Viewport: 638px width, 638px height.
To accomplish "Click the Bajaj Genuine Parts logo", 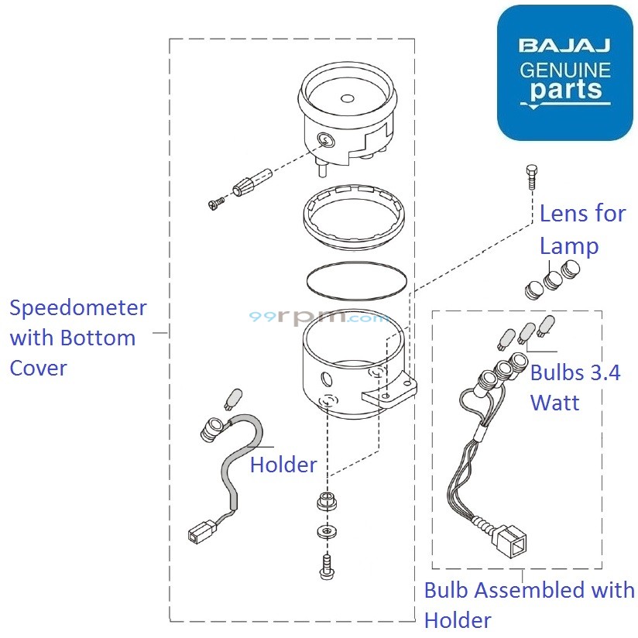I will pyautogui.click(x=564, y=73).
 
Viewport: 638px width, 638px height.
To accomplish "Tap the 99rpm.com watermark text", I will pyautogui.click(x=319, y=317).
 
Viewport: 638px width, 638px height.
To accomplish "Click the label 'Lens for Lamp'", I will pyautogui.click(x=581, y=230).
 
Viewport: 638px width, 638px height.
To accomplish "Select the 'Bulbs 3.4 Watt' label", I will pyautogui.click(x=575, y=387).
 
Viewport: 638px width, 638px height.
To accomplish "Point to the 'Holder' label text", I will pyautogui.click(x=283, y=465).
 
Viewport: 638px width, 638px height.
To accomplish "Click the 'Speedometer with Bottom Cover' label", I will pyautogui.click(x=77, y=338).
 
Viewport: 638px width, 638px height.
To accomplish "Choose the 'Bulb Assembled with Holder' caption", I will pyautogui.click(x=529, y=605).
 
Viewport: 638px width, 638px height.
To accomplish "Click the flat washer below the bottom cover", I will pyautogui.click(x=324, y=532).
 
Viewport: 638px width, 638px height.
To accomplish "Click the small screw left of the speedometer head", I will pyautogui.click(x=216, y=204).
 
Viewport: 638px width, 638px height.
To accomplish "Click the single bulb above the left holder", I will pyautogui.click(x=232, y=398).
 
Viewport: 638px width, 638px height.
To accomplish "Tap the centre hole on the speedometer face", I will pyautogui.click(x=346, y=98).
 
